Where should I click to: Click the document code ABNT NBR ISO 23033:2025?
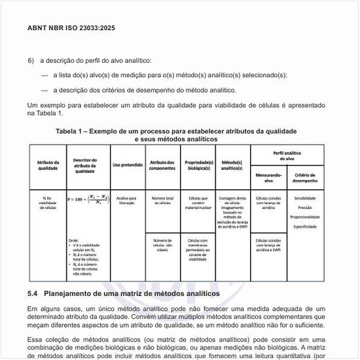71,29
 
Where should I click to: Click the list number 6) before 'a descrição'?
31,60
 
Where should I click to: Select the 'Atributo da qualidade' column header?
48,165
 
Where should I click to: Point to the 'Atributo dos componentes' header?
162,165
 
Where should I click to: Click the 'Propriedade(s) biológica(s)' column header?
198,165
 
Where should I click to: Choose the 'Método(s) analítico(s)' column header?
232,165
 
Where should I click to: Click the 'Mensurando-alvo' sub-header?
268,177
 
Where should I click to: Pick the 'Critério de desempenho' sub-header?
305,177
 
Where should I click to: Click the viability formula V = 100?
86,199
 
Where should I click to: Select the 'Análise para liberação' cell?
126,200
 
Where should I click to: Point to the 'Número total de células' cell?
162,200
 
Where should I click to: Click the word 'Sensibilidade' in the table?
305,198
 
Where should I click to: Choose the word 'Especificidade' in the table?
305,226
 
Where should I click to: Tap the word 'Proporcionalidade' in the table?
305,217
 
